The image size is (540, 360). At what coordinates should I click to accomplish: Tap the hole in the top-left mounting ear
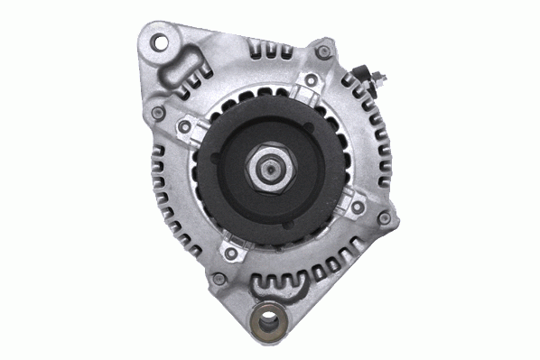pyautogui.click(x=162, y=42)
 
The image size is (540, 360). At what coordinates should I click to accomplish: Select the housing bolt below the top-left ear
pyautogui.click(x=159, y=113)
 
